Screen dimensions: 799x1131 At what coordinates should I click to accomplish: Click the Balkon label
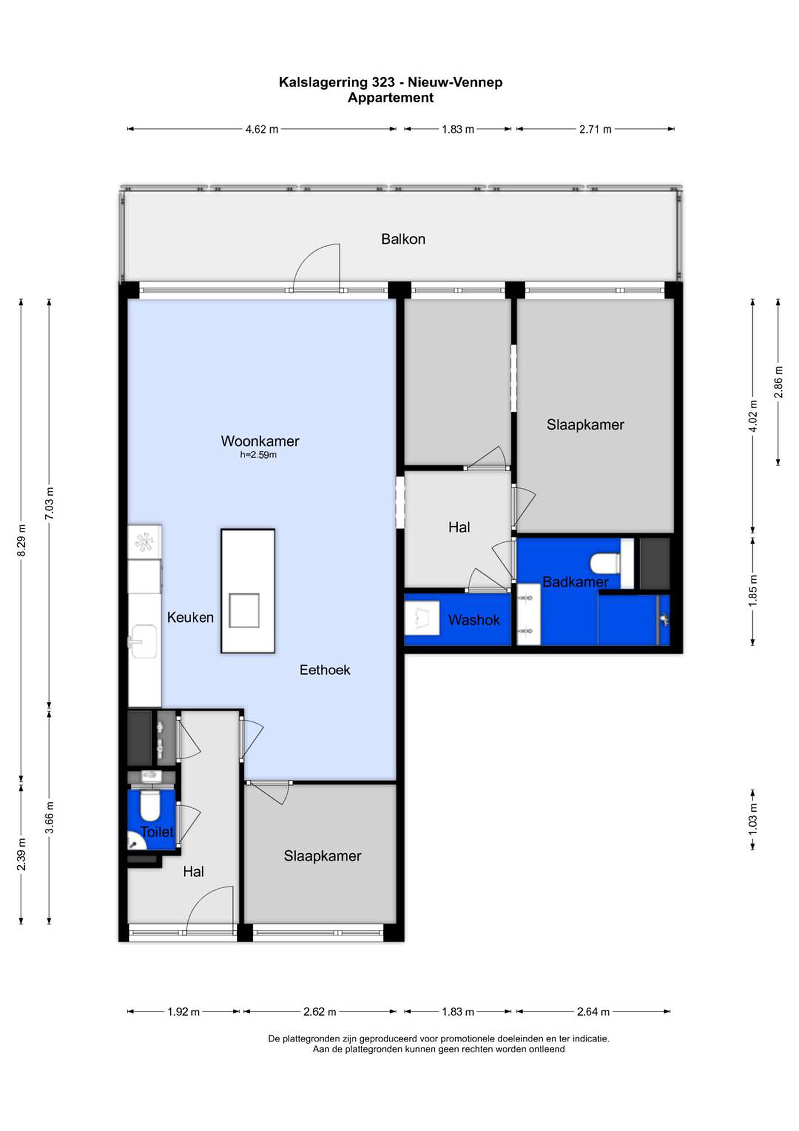(x=403, y=240)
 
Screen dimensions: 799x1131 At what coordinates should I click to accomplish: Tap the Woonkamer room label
(x=259, y=441)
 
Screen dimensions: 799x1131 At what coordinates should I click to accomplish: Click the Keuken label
(x=190, y=617)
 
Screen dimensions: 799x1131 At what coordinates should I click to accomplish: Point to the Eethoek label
(x=325, y=670)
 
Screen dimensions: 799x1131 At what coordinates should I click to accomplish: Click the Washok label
(x=474, y=620)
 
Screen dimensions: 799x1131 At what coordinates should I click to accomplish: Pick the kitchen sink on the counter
(x=143, y=641)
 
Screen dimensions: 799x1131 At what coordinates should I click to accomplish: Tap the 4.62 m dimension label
(x=262, y=129)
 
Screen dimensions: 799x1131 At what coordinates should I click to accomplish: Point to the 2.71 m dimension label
(x=595, y=129)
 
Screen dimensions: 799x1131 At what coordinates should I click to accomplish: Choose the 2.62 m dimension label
(x=319, y=1012)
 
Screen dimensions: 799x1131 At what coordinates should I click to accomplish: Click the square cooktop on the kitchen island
(x=244, y=611)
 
